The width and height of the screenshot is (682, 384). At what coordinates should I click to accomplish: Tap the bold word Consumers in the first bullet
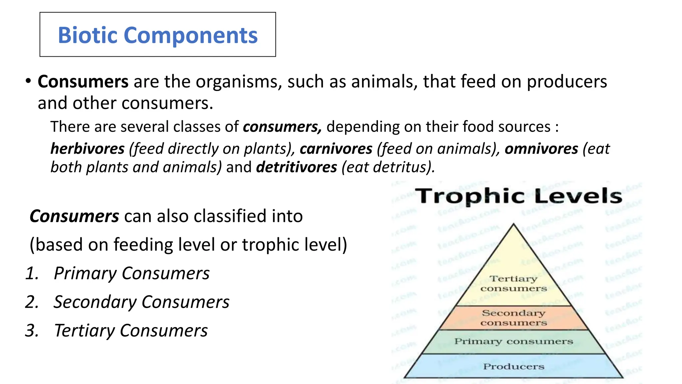[x=83, y=82]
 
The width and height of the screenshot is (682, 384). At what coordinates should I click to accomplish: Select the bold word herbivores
[x=87, y=149]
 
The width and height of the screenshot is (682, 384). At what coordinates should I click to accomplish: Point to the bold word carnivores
[x=336, y=149]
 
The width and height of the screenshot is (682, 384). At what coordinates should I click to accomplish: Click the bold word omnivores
[x=541, y=149]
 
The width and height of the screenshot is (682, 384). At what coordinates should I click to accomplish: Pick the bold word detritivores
[x=296, y=167]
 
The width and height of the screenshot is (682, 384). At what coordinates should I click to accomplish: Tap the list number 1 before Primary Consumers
[x=32, y=273]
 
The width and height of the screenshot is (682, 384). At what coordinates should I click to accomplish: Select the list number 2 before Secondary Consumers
[x=32, y=302]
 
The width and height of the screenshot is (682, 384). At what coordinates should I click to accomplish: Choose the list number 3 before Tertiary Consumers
[x=32, y=331]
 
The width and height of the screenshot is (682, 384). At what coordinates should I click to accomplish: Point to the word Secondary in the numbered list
[x=95, y=302]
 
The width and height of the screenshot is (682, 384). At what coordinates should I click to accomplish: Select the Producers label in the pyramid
[x=513, y=367]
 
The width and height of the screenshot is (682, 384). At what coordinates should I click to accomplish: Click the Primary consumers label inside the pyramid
[x=513, y=341]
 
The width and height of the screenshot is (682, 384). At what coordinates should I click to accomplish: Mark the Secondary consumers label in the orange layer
[x=513, y=318]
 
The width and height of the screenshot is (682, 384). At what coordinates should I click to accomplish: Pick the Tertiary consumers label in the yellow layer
[x=513, y=283]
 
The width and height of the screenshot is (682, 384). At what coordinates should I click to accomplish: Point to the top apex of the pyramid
[x=513, y=224]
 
